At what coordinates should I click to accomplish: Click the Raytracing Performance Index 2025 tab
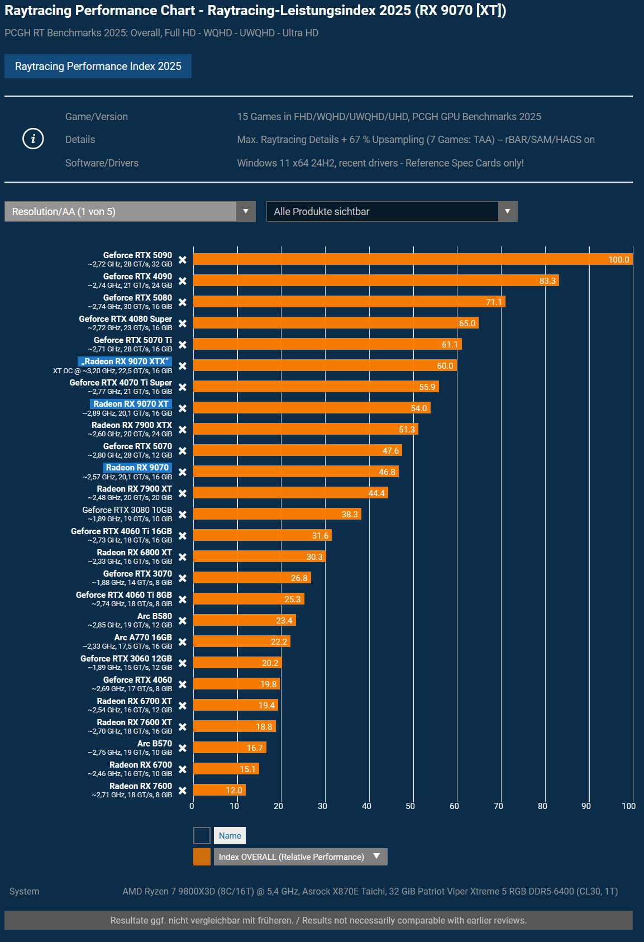[98, 66]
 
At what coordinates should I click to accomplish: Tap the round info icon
[33, 139]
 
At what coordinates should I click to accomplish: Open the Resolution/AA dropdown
[130, 212]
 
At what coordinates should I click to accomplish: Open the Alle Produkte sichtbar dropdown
[392, 212]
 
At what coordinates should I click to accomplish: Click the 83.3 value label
[547, 281]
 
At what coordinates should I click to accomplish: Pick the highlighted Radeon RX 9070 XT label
[131, 404]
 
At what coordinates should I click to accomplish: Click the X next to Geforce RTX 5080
[183, 302]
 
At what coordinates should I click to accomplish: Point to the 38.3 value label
[350, 515]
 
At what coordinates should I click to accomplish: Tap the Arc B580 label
[155, 616]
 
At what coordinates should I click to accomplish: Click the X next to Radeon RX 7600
[183, 791]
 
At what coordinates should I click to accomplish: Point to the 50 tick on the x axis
[411, 806]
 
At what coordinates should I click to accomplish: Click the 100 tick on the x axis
[628, 806]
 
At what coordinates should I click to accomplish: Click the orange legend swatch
[202, 857]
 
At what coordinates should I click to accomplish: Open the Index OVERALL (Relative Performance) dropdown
[300, 857]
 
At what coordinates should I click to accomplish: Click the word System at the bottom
[25, 891]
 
